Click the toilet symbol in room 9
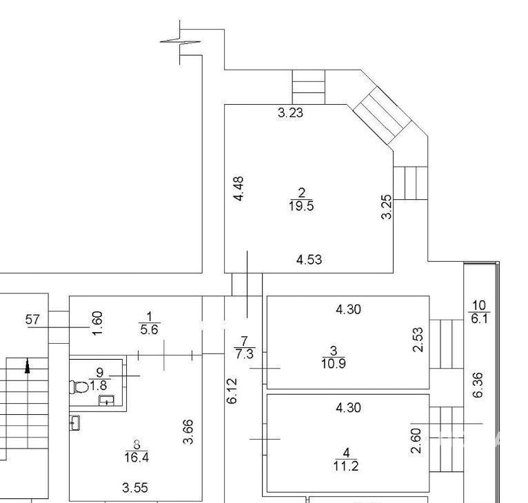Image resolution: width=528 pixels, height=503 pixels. pyautogui.click(x=79, y=387)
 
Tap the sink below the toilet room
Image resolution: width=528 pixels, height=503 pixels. pyautogui.click(x=74, y=422)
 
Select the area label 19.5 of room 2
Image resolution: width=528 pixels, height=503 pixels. pyautogui.click(x=301, y=206)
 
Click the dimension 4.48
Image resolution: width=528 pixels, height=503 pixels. pyautogui.click(x=238, y=189)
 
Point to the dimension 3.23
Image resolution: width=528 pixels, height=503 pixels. pyautogui.click(x=291, y=112)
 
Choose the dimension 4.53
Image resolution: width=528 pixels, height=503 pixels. pyautogui.click(x=309, y=260)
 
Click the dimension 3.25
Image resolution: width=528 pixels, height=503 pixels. pyautogui.click(x=387, y=207)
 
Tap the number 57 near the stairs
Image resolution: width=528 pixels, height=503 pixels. pyautogui.click(x=32, y=319)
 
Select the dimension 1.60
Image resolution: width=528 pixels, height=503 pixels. pyautogui.click(x=97, y=323)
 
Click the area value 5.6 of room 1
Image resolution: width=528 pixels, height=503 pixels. pyautogui.click(x=149, y=329)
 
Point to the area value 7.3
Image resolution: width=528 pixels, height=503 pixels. pyautogui.click(x=245, y=354)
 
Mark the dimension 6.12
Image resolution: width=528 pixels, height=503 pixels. pyautogui.click(x=232, y=391)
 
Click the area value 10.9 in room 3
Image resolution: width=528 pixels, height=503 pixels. pyautogui.click(x=334, y=363)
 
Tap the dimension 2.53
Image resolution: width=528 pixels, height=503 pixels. pyautogui.click(x=418, y=340)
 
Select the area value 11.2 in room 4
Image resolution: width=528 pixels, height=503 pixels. pyautogui.click(x=346, y=466)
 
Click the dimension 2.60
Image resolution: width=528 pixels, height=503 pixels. pyautogui.click(x=416, y=441)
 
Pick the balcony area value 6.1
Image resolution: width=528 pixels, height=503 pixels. pyautogui.click(x=479, y=318)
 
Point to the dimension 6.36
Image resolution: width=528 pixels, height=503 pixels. pyautogui.click(x=478, y=385)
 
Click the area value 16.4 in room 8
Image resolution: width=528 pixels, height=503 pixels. pyautogui.click(x=136, y=458)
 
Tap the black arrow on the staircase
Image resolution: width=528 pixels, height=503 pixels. pyautogui.click(x=28, y=366)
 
